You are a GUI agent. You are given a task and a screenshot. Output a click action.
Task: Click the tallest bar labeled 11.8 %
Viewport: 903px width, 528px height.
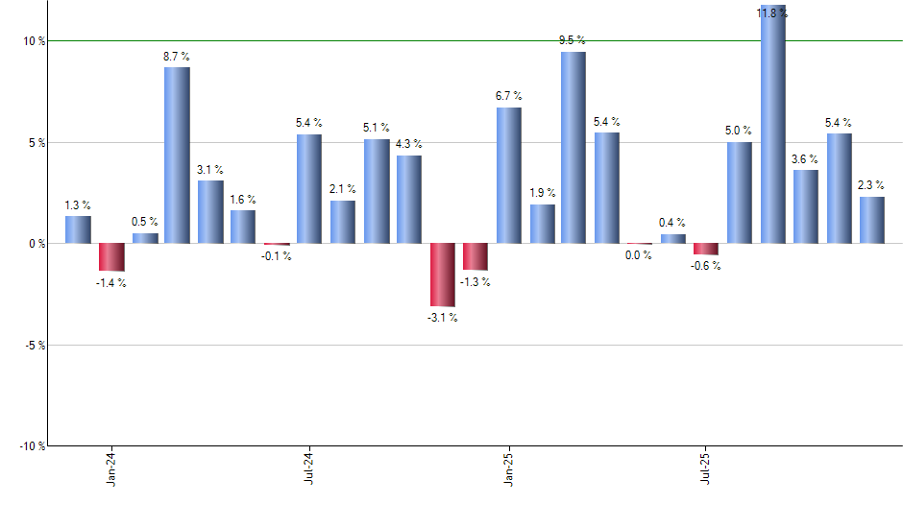(x=773, y=125)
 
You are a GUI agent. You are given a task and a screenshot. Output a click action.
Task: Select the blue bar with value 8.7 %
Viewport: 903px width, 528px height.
(x=177, y=155)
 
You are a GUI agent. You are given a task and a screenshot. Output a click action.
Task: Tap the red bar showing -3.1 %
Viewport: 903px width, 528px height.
(x=443, y=275)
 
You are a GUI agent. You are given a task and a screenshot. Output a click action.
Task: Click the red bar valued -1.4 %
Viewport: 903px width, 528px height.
(x=111, y=257)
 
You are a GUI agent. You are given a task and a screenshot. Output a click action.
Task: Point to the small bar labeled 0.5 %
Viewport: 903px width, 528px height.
(x=145, y=238)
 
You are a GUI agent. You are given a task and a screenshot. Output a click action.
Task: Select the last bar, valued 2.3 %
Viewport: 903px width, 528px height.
(x=872, y=220)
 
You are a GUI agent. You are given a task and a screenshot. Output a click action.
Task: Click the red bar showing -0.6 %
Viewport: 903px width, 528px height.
(x=706, y=249)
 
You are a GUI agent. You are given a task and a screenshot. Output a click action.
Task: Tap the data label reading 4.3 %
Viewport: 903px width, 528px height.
(x=409, y=144)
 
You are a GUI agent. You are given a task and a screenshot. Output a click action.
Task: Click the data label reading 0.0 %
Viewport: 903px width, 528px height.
(x=639, y=255)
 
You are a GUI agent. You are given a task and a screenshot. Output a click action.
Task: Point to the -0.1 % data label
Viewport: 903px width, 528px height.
(x=277, y=256)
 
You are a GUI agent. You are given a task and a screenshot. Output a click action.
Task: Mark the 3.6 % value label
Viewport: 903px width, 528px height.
(x=805, y=159)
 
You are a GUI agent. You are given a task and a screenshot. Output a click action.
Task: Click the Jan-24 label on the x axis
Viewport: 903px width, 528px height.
(x=112, y=468)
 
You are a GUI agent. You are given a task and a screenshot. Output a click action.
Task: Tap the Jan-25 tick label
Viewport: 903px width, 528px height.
(x=509, y=468)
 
